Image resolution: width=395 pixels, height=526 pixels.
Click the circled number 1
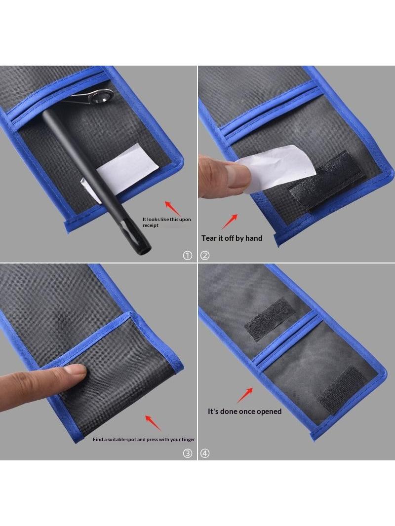(187, 256)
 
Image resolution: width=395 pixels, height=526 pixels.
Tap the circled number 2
(205, 256)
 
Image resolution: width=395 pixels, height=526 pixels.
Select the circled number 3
(187, 453)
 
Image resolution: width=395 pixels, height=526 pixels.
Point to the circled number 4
(205, 453)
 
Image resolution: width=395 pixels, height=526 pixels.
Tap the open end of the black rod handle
(146, 250)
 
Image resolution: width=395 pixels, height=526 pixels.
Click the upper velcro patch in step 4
(270, 319)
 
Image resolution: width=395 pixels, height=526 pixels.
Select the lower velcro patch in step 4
(342, 389)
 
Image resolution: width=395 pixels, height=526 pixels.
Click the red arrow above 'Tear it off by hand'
(230, 222)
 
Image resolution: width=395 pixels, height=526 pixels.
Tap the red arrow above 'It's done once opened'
(245, 395)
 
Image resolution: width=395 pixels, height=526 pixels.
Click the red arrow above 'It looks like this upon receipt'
(172, 208)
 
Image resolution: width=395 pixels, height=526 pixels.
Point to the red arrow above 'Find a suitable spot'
(153, 423)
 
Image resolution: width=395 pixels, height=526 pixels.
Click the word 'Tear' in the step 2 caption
(209, 238)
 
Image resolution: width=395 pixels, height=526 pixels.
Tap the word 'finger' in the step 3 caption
(188, 440)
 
